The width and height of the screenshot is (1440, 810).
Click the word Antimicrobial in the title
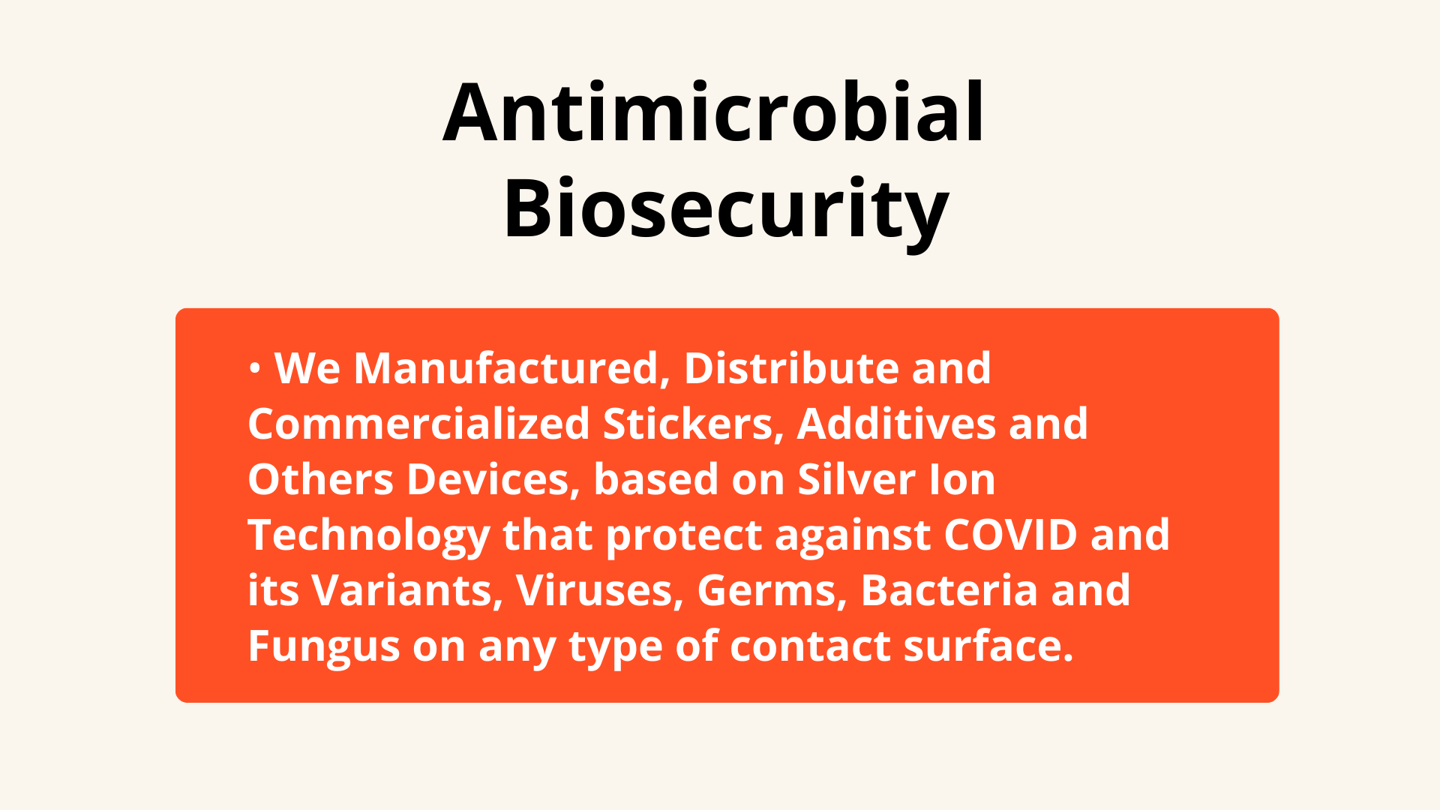point(713,112)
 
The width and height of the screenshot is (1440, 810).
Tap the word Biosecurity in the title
point(726,208)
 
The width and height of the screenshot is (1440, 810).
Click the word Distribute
point(791,368)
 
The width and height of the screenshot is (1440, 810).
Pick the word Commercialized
point(418,424)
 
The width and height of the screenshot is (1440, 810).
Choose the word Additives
point(896,424)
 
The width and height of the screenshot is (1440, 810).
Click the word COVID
point(1011,535)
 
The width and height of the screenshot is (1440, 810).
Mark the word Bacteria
point(949,590)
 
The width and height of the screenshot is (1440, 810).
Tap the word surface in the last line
point(983,646)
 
